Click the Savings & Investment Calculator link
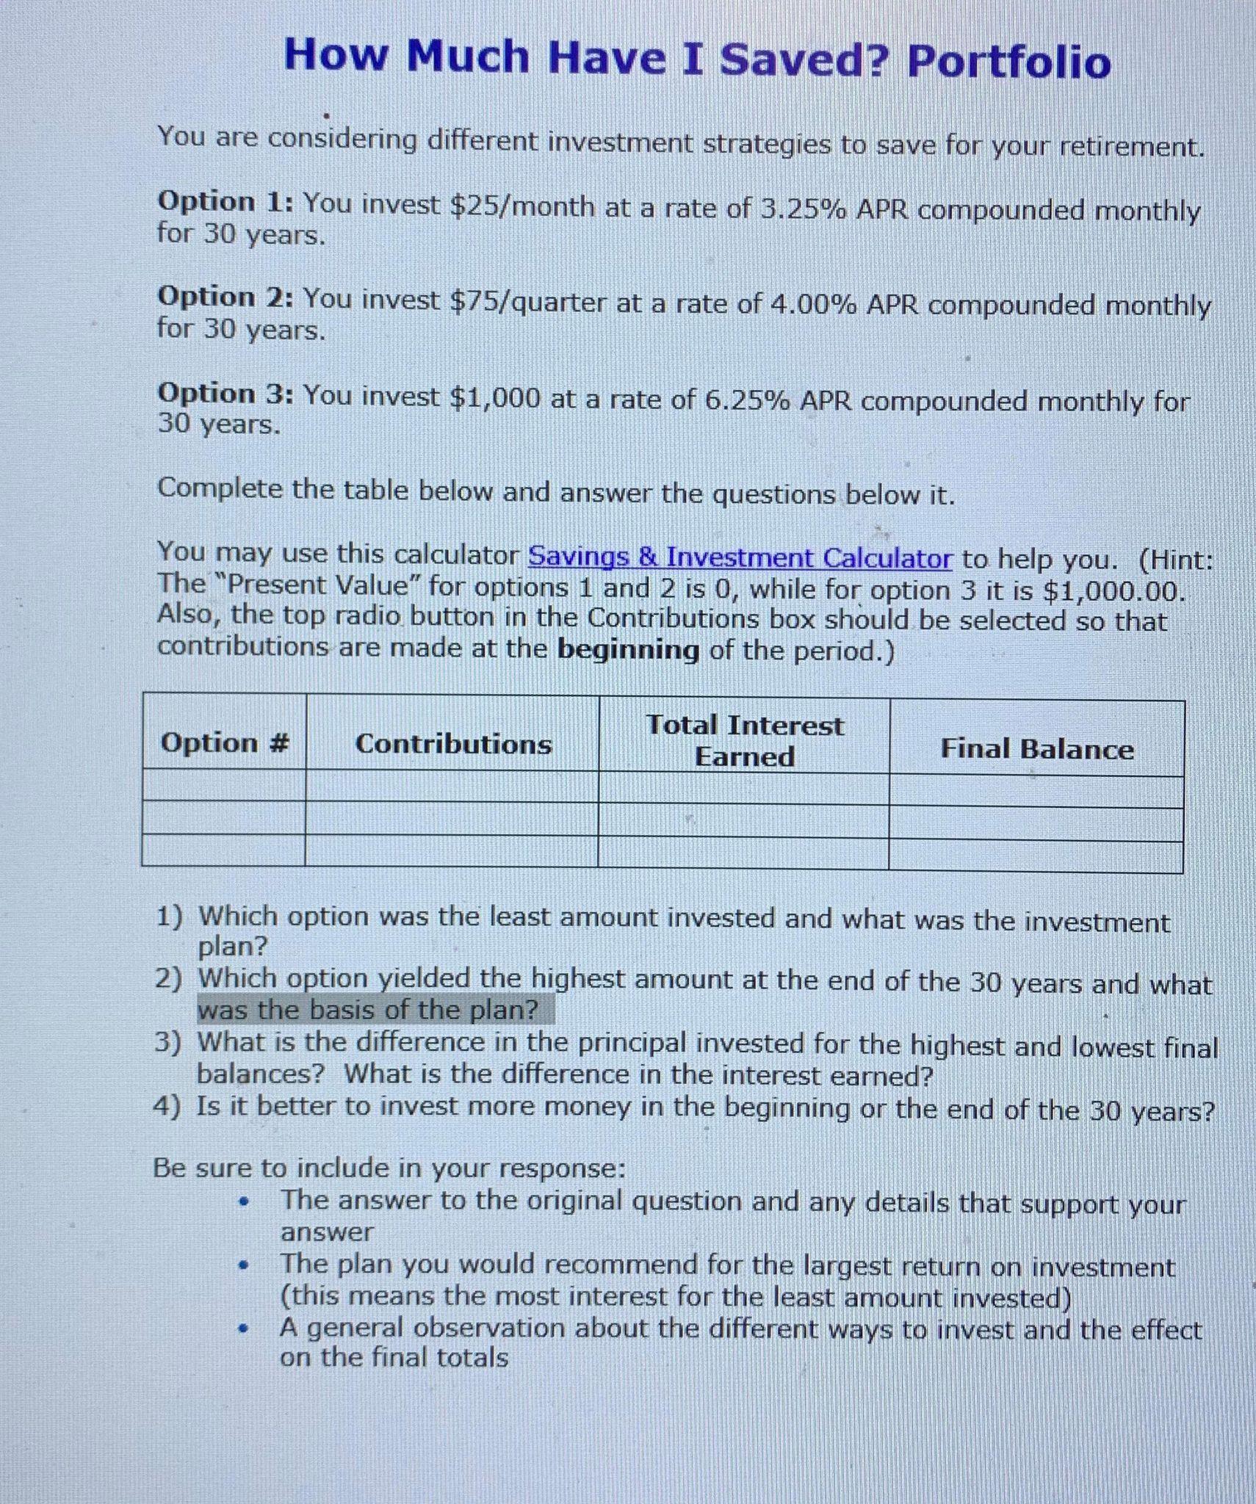pos(740,558)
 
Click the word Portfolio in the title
pos(1009,62)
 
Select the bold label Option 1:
pos(225,202)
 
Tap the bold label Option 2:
pos(225,297)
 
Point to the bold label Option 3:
pos(225,394)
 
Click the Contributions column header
pos(453,744)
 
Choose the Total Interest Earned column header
pos(744,740)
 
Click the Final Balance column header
pos(1036,749)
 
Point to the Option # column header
pos(225,742)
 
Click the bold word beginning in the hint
pos(628,650)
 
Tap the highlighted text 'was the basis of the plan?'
pos(368,1010)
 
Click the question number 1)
pos(170,916)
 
